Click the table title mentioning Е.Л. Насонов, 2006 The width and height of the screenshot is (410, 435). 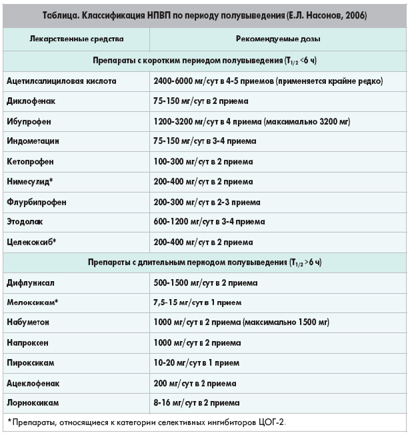point(205,15)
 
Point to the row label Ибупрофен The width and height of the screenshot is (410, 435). point(29,121)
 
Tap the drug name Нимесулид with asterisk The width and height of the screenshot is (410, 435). point(31,181)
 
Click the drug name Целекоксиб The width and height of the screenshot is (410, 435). point(31,241)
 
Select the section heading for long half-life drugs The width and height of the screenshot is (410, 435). point(205,262)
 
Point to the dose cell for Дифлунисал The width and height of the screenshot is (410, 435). point(205,282)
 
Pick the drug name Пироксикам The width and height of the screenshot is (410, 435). point(31,362)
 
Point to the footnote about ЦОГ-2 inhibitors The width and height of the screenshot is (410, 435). point(147,423)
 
